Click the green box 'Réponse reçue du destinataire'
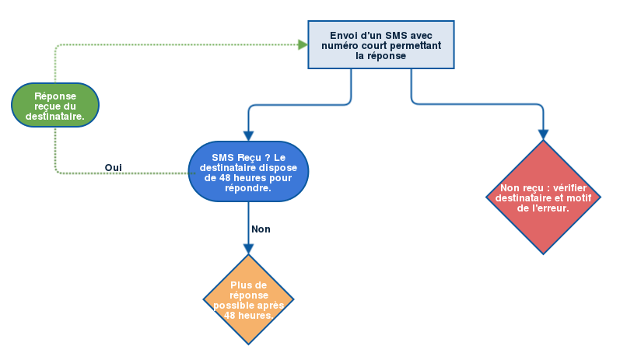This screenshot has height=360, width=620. [x=55, y=105]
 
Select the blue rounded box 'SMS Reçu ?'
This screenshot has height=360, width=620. [x=248, y=172]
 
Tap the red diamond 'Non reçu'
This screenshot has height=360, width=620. [x=543, y=197]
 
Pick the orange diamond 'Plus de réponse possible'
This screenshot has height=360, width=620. [x=248, y=299]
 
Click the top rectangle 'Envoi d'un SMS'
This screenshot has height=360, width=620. [x=380, y=45]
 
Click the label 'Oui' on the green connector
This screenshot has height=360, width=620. [x=113, y=167]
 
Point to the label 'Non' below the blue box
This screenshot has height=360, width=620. [x=261, y=229]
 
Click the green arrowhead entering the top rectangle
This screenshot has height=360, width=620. [x=303, y=45]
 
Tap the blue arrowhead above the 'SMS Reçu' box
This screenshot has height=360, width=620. [x=248, y=135]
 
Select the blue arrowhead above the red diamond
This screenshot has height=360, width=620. [x=543, y=135]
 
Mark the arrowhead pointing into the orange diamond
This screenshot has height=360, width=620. [x=248, y=249]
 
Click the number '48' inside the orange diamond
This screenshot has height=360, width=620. [x=231, y=316]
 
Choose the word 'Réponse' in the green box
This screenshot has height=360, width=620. [x=55, y=96]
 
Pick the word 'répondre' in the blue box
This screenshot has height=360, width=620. [x=248, y=187]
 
